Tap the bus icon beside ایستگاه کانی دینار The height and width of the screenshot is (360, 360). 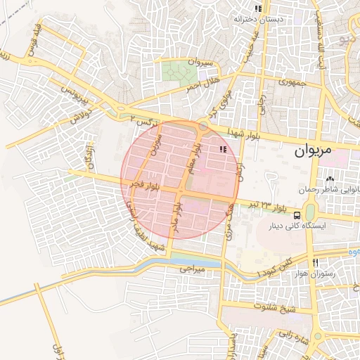pyautogui.click(x=297, y=214)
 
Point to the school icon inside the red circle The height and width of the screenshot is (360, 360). pyautogui.click(x=224, y=149)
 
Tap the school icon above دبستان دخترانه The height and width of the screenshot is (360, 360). pyautogui.click(x=258, y=9)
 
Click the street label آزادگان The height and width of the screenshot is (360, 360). pyautogui.click(x=87, y=157)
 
